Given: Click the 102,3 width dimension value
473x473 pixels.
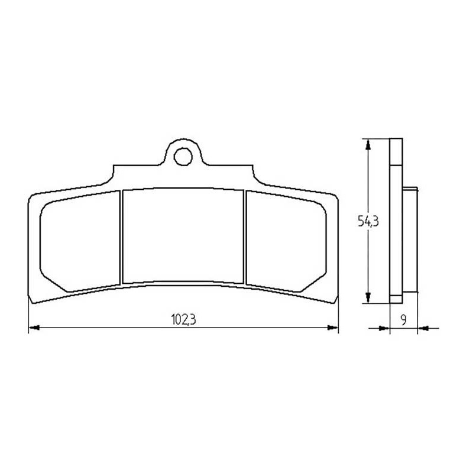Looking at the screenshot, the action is tap(183, 319).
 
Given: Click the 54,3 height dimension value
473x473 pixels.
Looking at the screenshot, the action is tap(368, 221).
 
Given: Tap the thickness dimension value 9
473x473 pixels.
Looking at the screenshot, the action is tap(404, 319).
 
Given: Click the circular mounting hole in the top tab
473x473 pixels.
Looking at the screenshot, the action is tap(183, 157).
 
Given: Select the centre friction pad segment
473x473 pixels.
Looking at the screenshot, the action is tap(183, 235).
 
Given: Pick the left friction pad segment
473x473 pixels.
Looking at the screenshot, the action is tap(80, 241).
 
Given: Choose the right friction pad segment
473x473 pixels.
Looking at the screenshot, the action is tap(286, 241).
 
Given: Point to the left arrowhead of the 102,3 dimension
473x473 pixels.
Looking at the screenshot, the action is tap(34, 328).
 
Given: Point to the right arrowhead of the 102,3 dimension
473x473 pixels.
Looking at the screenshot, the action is tap(333, 328).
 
